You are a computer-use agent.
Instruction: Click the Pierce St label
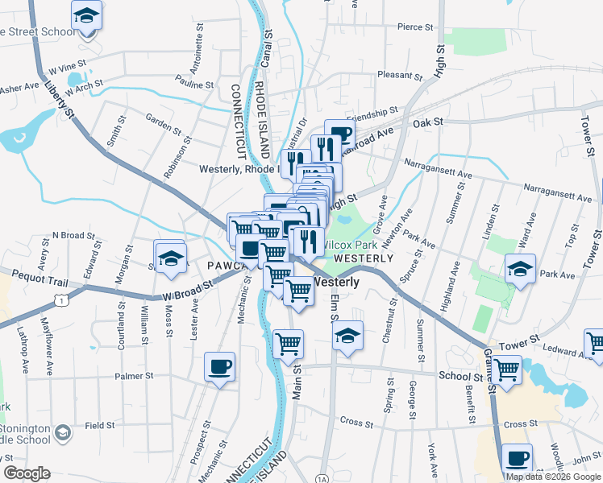pos(416,27)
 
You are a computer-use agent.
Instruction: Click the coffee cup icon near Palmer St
pos(219,368)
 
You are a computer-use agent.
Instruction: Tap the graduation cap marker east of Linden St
pos(521,269)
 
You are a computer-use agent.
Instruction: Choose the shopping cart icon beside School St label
pos(506,369)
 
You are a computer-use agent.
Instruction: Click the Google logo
pos(27,473)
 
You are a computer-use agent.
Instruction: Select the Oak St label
pos(428,122)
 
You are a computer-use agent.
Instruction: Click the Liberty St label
pos(60,98)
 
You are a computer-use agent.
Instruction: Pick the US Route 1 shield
pos(59,299)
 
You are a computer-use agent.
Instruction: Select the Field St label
pos(100,425)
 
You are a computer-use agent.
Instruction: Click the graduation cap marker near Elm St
pos(347,335)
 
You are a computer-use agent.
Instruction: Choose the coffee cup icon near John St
pos(517,459)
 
